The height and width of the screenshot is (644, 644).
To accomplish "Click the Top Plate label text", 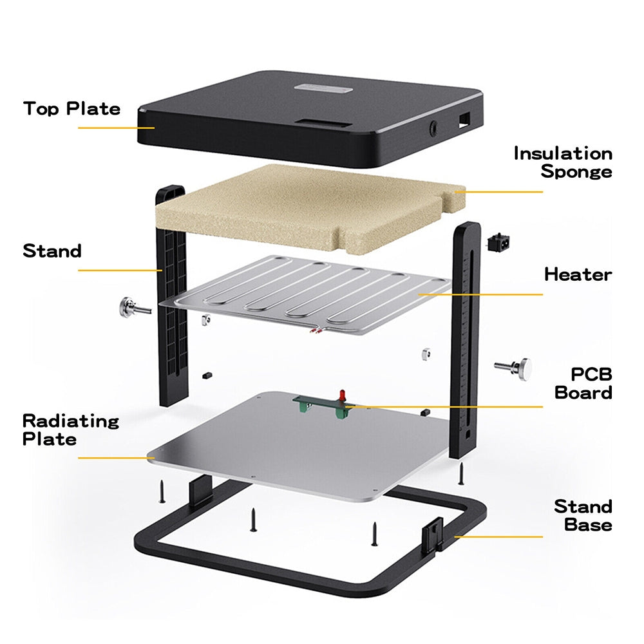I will point(71,108).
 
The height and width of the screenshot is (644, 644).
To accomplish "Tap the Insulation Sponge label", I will point(563,162).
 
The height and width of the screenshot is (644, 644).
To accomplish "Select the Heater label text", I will point(578,274).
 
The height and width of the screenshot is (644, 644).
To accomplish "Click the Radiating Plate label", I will point(71,430).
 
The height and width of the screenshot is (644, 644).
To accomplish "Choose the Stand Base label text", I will point(583,515).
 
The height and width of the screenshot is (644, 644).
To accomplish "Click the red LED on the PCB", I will point(342,393).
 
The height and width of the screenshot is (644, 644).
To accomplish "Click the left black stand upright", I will point(171,296).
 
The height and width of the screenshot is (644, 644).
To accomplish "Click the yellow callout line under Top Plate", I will point(116,128).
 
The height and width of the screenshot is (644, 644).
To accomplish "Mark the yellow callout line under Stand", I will point(119,270).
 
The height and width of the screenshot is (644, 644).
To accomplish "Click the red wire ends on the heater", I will point(316,332).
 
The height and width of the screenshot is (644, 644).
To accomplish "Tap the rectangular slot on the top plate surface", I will point(320,122).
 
